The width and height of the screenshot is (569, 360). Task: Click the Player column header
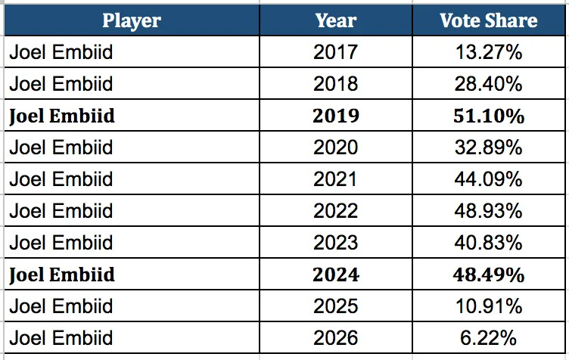pyautogui.click(x=132, y=20)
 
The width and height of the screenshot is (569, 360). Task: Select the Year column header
pyautogui.click(x=335, y=20)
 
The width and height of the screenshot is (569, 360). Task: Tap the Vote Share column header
pyautogui.click(x=488, y=20)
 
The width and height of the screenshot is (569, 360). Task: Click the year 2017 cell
pyautogui.click(x=335, y=53)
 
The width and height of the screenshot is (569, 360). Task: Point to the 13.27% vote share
pyautogui.click(x=488, y=53)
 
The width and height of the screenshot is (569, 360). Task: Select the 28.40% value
pyautogui.click(x=488, y=85)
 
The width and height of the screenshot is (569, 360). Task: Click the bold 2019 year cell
pyautogui.click(x=335, y=116)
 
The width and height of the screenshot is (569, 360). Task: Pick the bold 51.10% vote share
pyautogui.click(x=488, y=116)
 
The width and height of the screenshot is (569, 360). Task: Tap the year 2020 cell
pyautogui.click(x=335, y=148)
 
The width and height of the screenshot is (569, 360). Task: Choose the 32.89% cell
pyautogui.click(x=488, y=148)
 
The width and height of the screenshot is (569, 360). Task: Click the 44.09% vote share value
pyautogui.click(x=488, y=179)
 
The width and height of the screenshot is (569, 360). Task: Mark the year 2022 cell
pyautogui.click(x=335, y=211)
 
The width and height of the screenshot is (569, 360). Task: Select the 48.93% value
pyautogui.click(x=488, y=211)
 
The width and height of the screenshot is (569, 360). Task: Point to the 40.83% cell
pyautogui.click(x=488, y=243)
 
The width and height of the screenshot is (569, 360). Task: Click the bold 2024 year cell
pyautogui.click(x=335, y=275)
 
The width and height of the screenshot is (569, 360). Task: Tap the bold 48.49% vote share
pyautogui.click(x=488, y=275)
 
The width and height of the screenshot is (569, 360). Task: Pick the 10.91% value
pyautogui.click(x=488, y=306)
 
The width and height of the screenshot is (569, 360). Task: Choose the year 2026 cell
pyautogui.click(x=335, y=338)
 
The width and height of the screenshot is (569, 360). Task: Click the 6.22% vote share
pyautogui.click(x=488, y=338)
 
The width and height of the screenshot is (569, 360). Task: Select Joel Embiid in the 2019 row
pyautogui.click(x=62, y=116)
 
